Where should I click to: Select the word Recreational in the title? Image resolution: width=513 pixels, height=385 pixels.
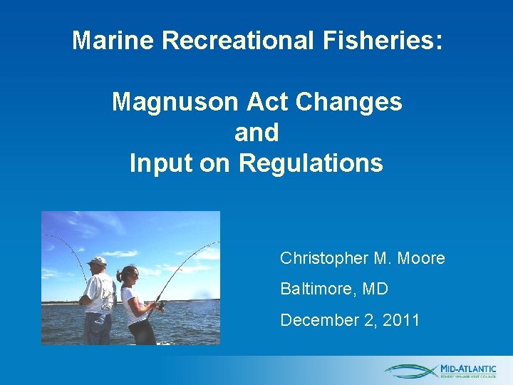[236, 41]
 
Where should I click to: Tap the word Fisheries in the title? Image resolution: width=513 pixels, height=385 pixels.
[380, 41]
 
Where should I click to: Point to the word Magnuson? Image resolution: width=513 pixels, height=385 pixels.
[176, 102]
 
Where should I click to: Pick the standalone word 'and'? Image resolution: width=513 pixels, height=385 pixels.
[256, 133]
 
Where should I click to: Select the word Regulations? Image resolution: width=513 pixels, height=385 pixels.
[311, 163]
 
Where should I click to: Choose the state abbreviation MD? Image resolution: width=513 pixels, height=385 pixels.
[374, 289]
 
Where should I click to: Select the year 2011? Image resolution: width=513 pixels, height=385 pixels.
[401, 320]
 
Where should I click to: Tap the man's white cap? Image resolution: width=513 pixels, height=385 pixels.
[98, 261]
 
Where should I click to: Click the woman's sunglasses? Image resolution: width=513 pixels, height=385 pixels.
[133, 275]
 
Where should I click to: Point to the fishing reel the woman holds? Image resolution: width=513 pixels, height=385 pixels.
[161, 306]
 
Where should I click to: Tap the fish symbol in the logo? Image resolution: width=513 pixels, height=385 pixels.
[411, 371]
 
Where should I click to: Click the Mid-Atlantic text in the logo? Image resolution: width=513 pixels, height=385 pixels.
[468, 368]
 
